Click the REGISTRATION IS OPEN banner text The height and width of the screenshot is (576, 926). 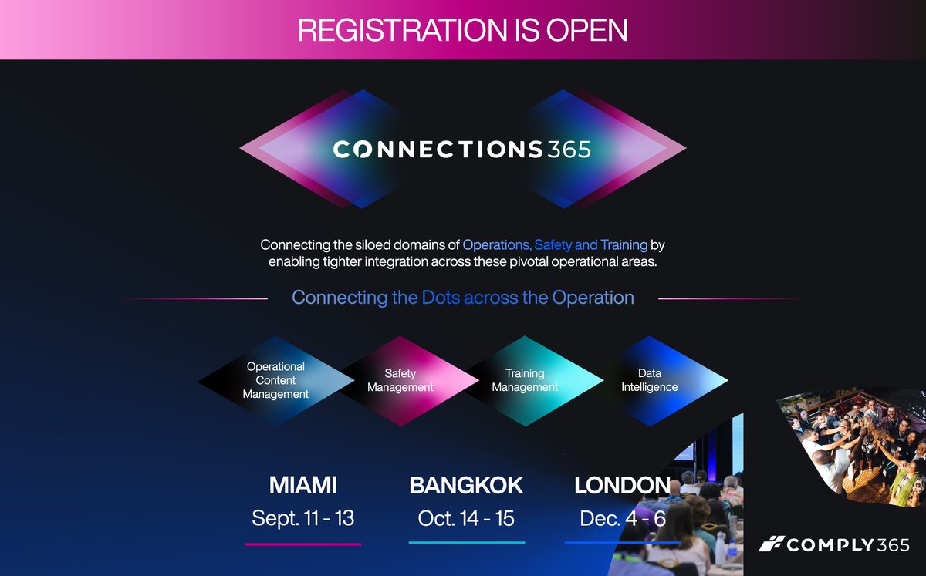tap(462, 29)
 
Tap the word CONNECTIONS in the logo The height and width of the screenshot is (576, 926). tap(438, 149)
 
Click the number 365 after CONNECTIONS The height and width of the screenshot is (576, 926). tap(569, 149)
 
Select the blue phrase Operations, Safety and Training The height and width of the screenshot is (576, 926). tap(555, 245)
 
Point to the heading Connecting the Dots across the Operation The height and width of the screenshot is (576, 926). tap(463, 298)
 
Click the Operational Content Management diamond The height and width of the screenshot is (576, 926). tap(275, 380)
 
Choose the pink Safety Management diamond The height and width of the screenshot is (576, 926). tap(400, 380)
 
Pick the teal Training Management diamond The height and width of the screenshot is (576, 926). tap(525, 380)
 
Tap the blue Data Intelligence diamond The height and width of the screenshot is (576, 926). tap(650, 380)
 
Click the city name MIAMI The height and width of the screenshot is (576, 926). tap(302, 485)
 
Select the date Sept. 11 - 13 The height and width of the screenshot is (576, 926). tap(302, 518)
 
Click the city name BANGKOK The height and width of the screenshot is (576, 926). tap(466, 485)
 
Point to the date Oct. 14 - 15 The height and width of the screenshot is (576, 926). tap(466, 518)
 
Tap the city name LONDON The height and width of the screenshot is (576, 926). tap(622, 485)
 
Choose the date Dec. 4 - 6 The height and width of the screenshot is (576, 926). tap(622, 518)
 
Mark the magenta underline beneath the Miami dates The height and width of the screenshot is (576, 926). tap(302, 544)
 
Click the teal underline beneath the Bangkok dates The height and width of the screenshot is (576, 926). tap(466, 543)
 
